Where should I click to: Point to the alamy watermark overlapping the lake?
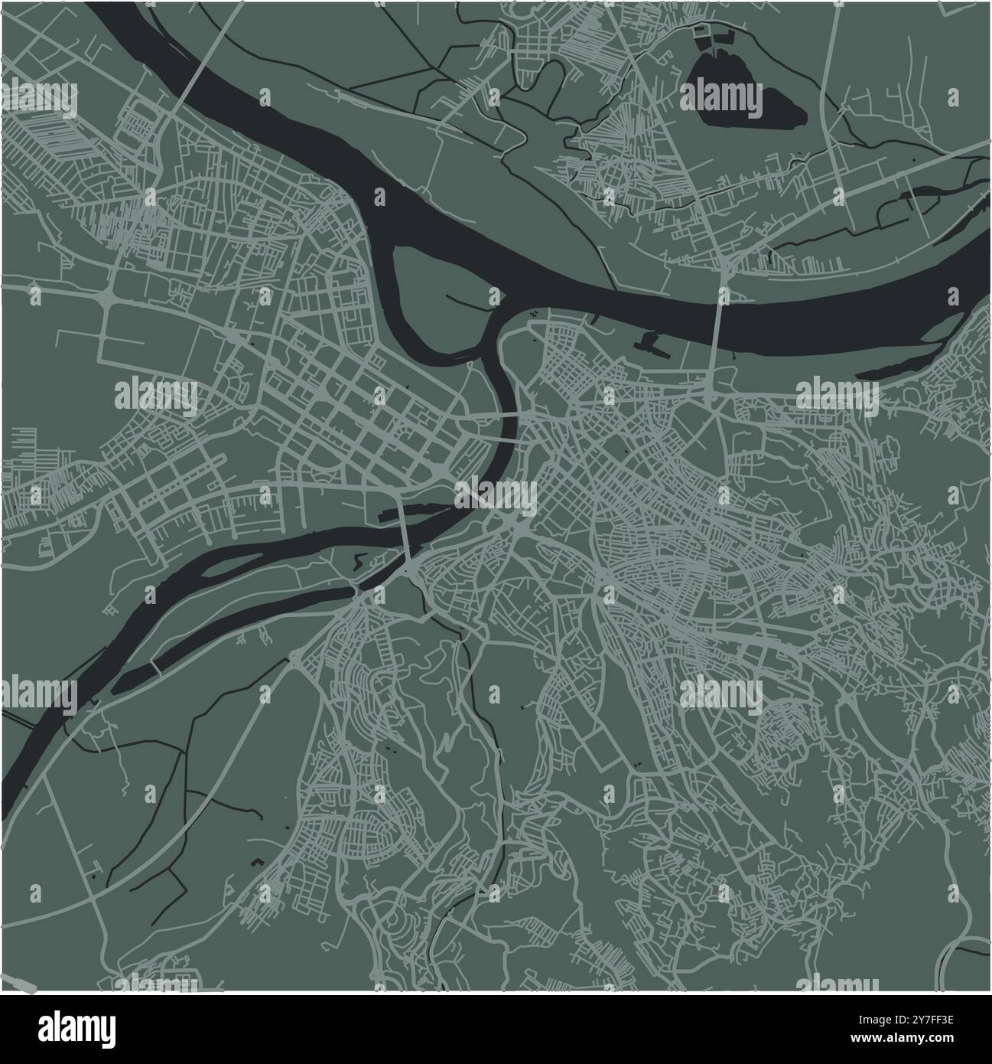pyautogui.click(x=721, y=98)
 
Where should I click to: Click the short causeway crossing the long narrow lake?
pyautogui.click(x=156, y=668)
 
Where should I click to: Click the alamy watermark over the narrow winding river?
pyautogui.click(x=497, y=498)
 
